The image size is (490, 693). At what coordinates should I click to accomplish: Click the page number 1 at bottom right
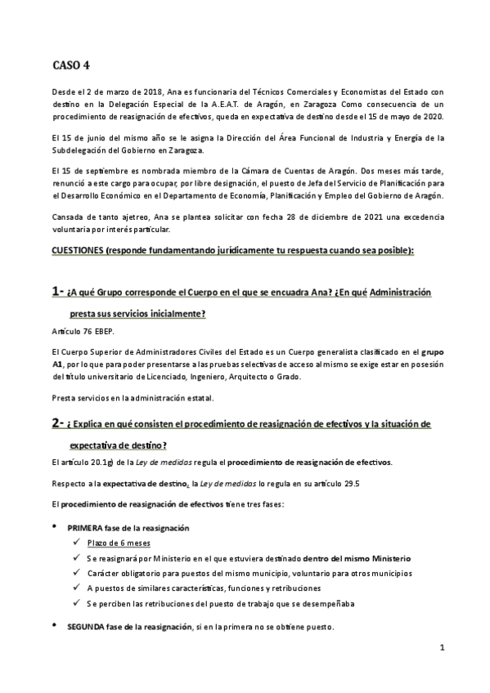[441, 648]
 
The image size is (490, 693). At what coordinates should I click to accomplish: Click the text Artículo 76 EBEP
[83, 331]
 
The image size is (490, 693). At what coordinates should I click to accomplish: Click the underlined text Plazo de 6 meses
[118, 543]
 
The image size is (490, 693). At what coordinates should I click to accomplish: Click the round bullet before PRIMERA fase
[55, 528]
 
